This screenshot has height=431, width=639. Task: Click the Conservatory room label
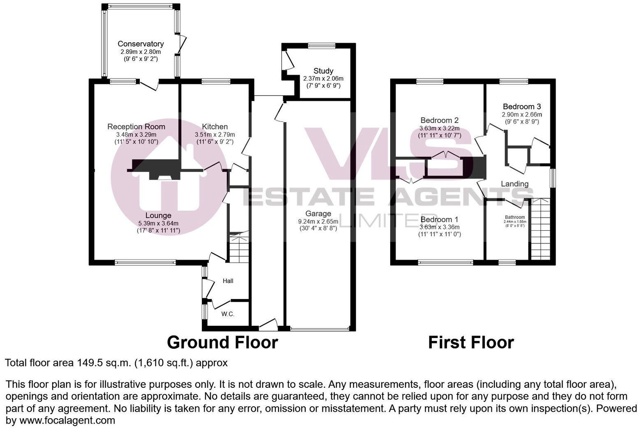coord(141,44)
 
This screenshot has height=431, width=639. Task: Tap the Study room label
coord(323,71)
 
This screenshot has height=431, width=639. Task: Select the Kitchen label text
coord(215,127)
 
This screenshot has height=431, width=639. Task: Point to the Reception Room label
coord(136,127)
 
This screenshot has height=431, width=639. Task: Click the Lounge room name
coord(158,215)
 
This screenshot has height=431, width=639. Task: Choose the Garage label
coord(318,213)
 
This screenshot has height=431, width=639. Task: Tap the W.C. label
coord(228,314)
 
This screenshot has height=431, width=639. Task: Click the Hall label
coord(228,281)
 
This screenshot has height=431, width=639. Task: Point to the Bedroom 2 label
coord(440,120)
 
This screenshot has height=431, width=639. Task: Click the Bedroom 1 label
coord(440,220)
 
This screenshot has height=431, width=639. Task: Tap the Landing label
coord(514,184)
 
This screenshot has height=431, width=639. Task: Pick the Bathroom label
coord(515,217)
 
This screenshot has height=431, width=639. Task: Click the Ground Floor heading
coord(222,342)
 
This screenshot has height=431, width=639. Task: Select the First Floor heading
coord(471,342)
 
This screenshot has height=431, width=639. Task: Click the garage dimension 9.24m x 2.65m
coord(318,221)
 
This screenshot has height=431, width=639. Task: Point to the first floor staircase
coord(540,229)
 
